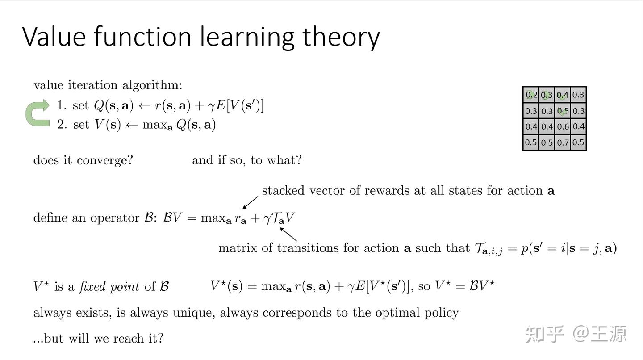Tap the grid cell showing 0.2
(x=531, y=95)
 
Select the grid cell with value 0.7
(x=563, y=142)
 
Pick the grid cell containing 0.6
(x=563, y=126)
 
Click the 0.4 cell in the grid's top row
(x=563, y=95)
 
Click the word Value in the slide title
(x=53, y=37)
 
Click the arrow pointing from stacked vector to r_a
(x=250, y=202)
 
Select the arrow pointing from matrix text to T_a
(x=288, y=234)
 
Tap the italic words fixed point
(x=109, y=286)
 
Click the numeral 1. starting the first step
(x=62, y=105)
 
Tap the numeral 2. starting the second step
(x=62, y=124)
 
